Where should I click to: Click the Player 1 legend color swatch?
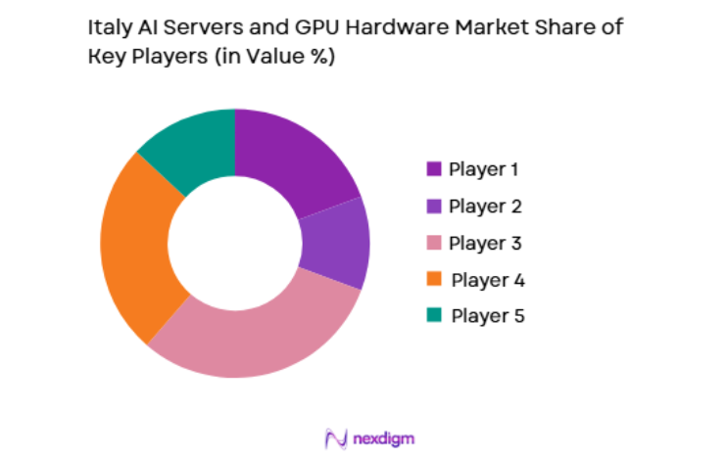[x=434, y=168]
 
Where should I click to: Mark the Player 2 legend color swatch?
[x=434, y=206]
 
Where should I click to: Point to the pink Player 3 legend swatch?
[x=434, y=242]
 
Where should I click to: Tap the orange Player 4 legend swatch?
[x=434, y=279]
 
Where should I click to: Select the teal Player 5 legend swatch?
[x=434, y=315]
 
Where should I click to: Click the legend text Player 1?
[x=484, y=168]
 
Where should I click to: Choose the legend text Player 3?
[x=485, y=242]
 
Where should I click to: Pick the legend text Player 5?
[x=485, y=315]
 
